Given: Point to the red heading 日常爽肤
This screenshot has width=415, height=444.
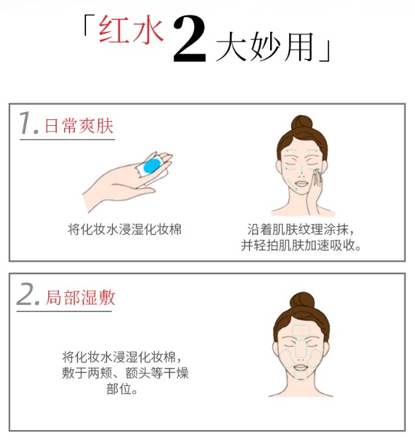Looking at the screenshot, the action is coord(79,126).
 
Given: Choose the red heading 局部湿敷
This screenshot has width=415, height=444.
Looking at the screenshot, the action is coord(81,298).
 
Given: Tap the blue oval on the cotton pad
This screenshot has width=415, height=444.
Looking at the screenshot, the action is coord(152,166).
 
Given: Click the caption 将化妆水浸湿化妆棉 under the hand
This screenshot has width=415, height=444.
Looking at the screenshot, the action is coord(124,229).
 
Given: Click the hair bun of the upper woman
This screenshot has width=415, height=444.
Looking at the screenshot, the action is coord(302,123).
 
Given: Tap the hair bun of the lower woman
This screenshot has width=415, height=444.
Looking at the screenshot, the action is coord(302,301).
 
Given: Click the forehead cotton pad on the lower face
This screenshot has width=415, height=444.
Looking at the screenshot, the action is coord(301,330).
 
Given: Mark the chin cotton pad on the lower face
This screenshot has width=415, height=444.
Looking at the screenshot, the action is coord(300,374).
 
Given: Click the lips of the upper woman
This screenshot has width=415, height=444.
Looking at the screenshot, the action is coord(301,184).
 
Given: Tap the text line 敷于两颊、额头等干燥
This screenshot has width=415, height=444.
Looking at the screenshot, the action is coord(125,372).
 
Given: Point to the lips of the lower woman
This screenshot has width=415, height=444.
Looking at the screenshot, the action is coord(301,367).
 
